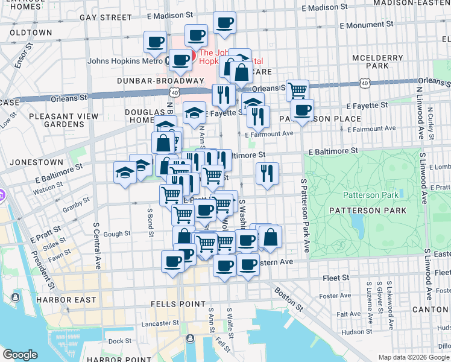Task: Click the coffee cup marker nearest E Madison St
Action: tap(224, 24)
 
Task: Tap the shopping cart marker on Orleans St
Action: tap(297, 91)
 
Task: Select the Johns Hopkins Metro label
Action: tap(124, 61)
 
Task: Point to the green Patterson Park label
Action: tap(371, 195)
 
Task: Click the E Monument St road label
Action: tap(366, 26)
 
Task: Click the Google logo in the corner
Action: tap(20, 355)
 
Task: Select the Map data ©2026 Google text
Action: tap(412, 357)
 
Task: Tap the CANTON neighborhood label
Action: tap(430, 310)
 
